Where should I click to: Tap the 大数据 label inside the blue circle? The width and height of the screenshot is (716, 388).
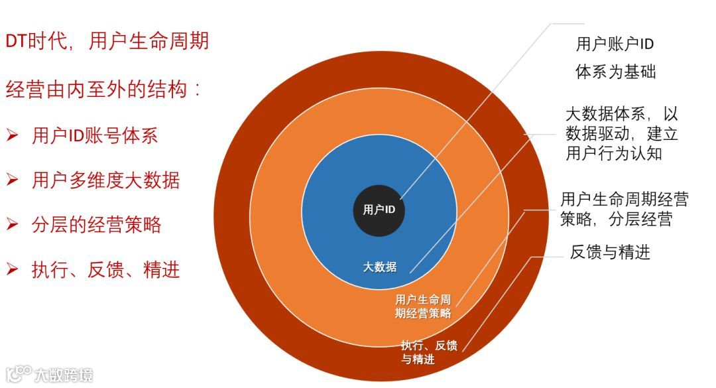point(380,267)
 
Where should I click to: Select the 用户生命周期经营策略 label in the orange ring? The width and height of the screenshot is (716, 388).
point(423,306)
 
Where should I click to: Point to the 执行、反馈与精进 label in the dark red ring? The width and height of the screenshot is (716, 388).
point(428,352)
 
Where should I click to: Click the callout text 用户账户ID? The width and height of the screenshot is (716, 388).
point(615,44)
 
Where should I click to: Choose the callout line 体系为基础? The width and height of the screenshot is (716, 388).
point(615,72)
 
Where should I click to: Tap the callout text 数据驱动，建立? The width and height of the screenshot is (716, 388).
point(621,134)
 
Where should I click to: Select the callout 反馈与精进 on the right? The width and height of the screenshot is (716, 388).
point(610,252)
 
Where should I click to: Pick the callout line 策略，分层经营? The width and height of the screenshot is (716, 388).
point(616,219)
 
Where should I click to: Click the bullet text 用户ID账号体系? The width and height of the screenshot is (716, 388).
point(95,136)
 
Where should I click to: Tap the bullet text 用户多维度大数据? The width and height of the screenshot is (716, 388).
point(105,180)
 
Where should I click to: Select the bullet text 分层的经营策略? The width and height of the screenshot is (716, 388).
point(96,225)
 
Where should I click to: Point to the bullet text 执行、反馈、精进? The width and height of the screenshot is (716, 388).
point(105,270)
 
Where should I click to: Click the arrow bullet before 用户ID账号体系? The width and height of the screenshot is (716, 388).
point(12,136)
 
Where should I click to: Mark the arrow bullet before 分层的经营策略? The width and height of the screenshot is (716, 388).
point(12,225)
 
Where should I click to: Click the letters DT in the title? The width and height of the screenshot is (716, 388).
point(15,42)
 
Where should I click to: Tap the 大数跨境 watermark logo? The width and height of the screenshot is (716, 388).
point(50,374)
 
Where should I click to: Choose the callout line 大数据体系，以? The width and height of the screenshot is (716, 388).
point(621,114)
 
